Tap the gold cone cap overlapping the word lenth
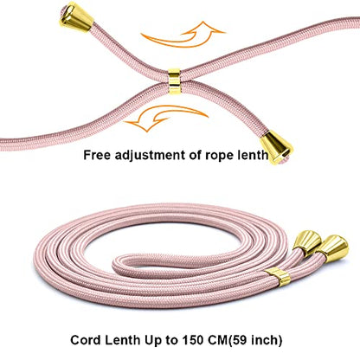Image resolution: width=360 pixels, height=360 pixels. (x=276, y=147)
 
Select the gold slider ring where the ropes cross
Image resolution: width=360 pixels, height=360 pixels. (x=175, y=81)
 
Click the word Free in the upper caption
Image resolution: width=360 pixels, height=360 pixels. (x=97, y=155)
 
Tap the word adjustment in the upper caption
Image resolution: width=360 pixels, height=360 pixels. (x=150, y=156)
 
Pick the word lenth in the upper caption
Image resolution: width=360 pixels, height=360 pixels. (x=253, y=155)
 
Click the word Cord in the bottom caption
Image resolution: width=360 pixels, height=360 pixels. (x=86, y=340)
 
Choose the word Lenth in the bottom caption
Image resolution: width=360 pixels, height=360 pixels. (x=122, y=340)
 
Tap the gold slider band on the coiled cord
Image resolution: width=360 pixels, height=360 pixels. (x=278, y=277)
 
